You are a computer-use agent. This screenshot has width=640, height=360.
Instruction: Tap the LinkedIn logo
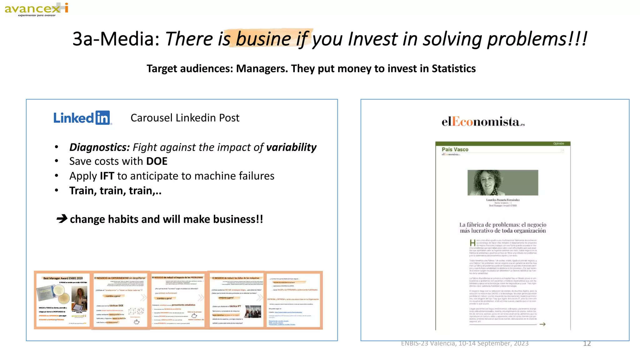(x=82, y=118)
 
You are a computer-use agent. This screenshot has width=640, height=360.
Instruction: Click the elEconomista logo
(x=483, y=122)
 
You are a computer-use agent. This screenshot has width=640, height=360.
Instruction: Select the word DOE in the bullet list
(x=157, y=161)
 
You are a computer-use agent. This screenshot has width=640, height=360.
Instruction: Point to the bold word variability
(x=291, y=147)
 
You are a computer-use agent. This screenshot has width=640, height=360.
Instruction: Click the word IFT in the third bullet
(x=107, y=176)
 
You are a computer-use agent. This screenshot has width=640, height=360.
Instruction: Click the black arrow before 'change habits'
(x=62, y=218)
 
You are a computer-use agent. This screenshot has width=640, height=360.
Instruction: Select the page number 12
(x=587, y=343)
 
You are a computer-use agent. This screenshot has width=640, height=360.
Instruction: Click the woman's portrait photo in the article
(x=502, y=183)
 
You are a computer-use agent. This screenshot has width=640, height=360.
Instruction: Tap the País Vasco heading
(x=455, y=149)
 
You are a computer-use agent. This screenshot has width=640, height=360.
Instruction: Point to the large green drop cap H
(x=472, y=243)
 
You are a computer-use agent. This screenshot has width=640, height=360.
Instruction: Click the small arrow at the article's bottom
(x=542, y=324)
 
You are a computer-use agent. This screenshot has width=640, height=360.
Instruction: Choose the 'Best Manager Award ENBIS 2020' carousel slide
(x=62, y=300)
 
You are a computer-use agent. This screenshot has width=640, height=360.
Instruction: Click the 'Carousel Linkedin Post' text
(x=185, y=118)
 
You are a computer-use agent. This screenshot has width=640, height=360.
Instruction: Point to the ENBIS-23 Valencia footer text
(x=465, y=343)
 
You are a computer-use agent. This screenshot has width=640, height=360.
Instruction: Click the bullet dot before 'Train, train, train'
(x=57, y=190)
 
